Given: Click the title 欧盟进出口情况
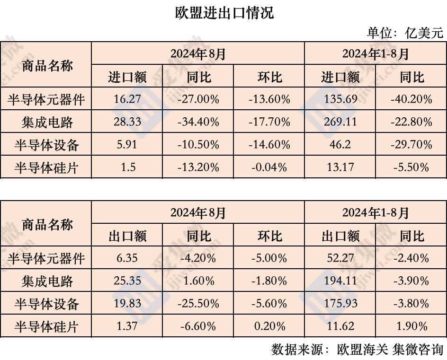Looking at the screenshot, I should click(x=224, y=13).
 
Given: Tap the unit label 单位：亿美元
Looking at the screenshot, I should click(x=405, y=33).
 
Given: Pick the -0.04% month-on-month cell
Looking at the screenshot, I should click(x=269, y=167).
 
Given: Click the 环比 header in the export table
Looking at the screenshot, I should click(x=269, y=236).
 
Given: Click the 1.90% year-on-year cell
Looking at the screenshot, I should click(x=411, y=326).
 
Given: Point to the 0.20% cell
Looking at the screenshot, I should click(x=269, y=326).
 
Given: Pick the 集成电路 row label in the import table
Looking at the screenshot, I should click(x=46, y=122).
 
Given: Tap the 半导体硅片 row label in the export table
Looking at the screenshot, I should click(x=46, y=326).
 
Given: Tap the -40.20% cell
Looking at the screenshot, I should click(x=411, y=99).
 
